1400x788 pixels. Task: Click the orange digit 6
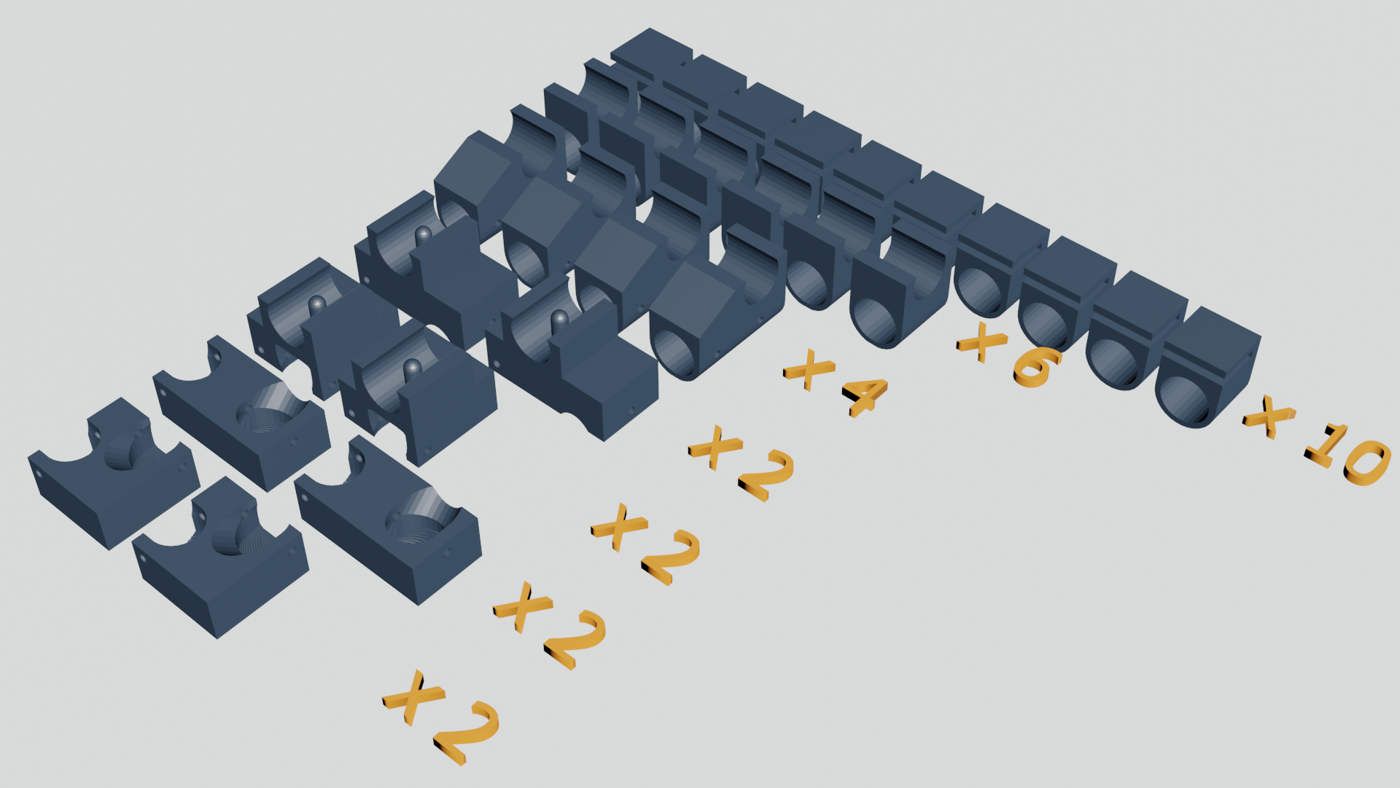click(x=1037, y=366)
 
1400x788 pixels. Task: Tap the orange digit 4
click(x=865, y=398)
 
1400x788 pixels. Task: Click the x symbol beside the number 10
click(x=1269, y=417)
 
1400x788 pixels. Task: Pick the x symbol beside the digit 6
click(x=981, y=341)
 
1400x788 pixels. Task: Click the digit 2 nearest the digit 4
click(x=765, y=476)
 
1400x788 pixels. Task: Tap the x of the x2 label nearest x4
click(x=715, y=446)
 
